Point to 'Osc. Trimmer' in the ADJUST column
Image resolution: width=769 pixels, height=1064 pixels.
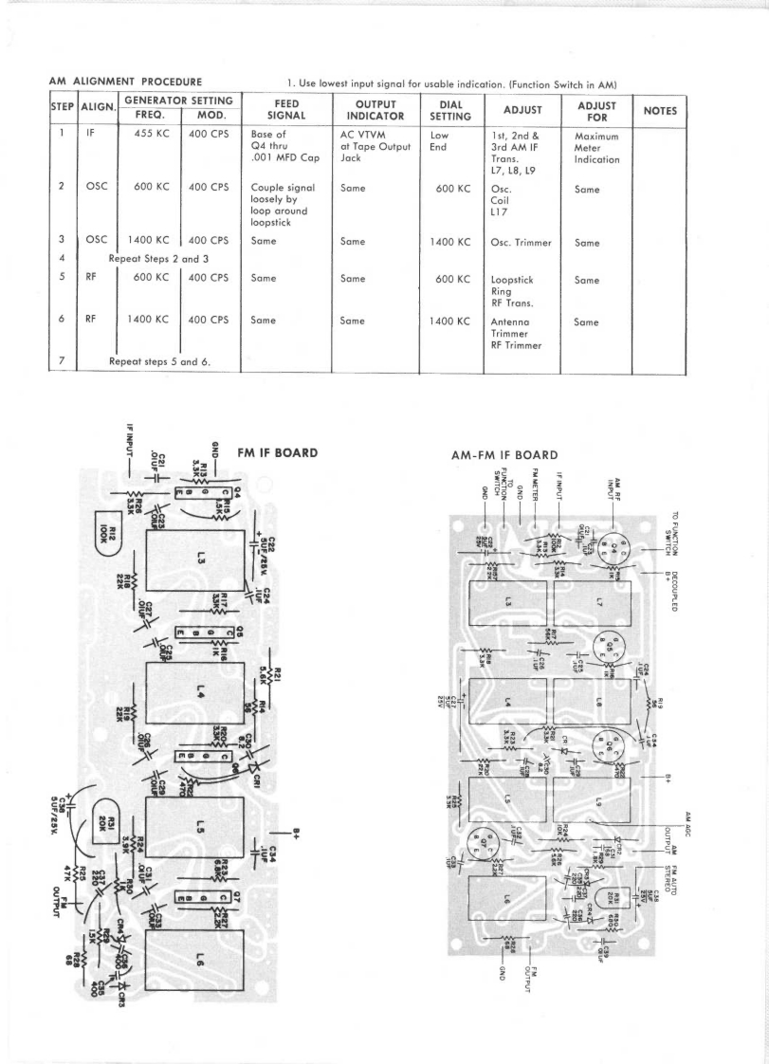[521, 243]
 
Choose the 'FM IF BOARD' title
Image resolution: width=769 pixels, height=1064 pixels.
[278, 453]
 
